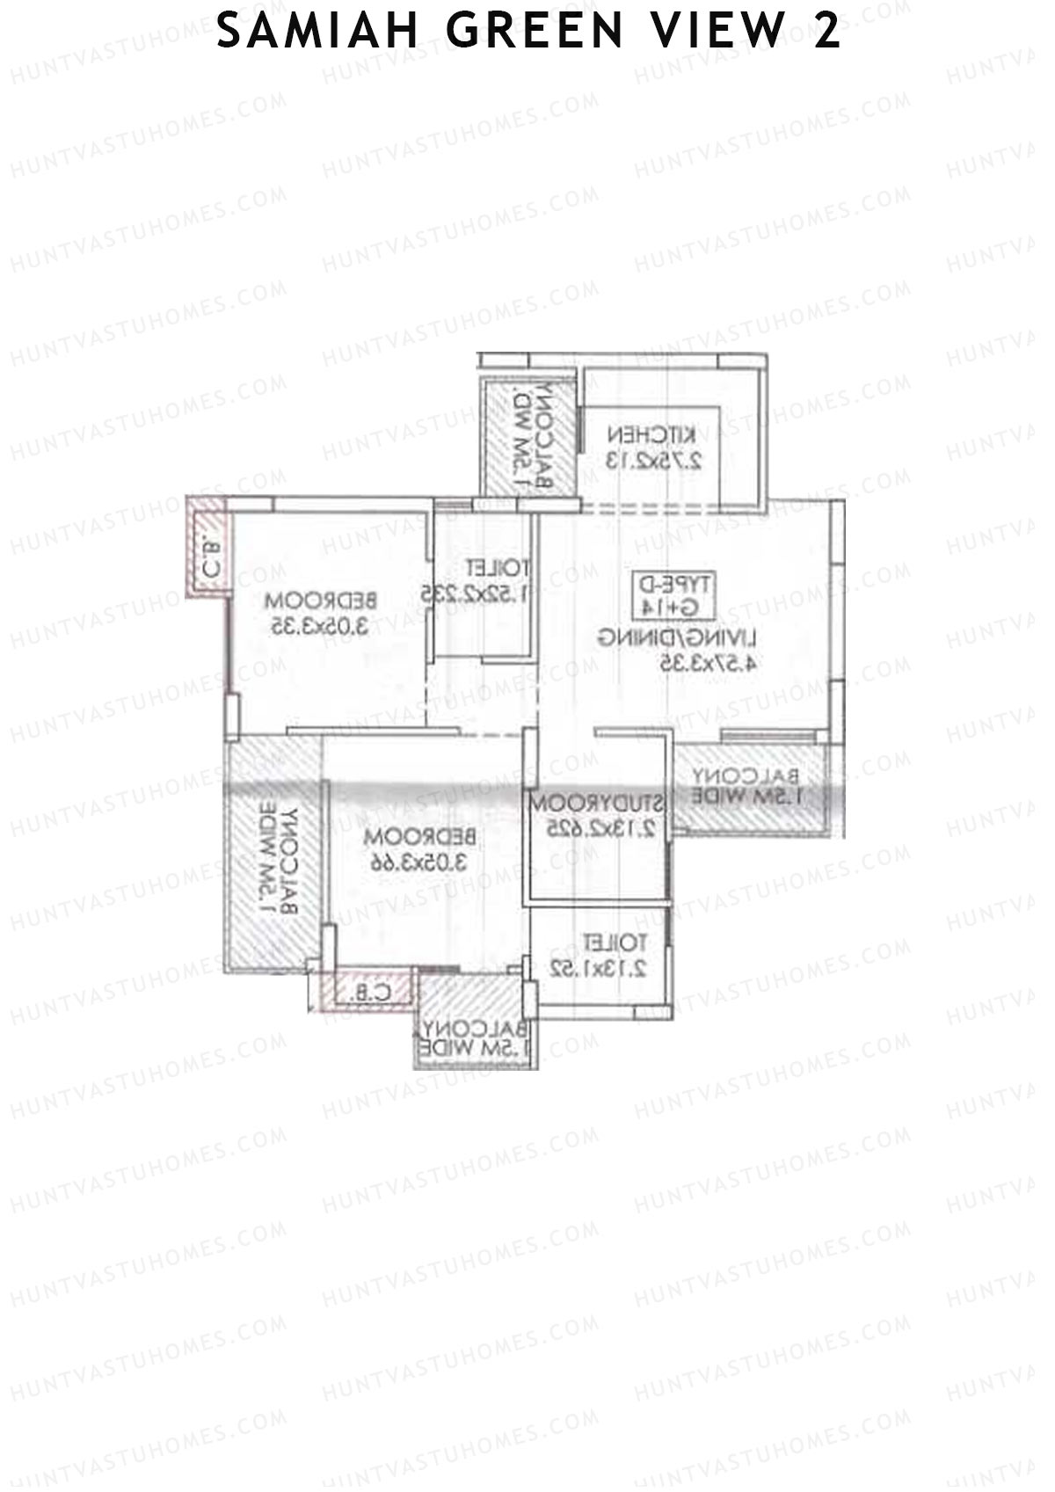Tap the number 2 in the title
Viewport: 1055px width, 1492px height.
(x=826, y=33)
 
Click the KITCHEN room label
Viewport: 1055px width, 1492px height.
(x=651, y=434)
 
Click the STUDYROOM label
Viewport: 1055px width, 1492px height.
(x=596, y=804)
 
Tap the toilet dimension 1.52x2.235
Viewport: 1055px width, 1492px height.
(x=476, y=593)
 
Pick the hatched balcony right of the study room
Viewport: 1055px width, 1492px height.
(x=749, y=787)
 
